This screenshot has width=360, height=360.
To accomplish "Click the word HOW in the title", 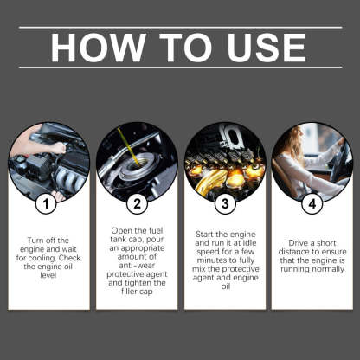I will (94, 48).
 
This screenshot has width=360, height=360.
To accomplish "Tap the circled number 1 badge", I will (48, 205).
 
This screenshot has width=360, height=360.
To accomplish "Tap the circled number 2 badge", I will (136, 205).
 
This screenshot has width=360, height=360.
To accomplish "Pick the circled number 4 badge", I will (312, 205).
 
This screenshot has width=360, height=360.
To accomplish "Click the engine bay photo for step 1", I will (48, 160).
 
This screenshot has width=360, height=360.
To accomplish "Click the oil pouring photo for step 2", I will (136, 160).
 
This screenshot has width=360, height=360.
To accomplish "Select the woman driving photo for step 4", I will (312, 160).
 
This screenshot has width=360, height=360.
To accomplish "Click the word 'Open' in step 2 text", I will (125, 232).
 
